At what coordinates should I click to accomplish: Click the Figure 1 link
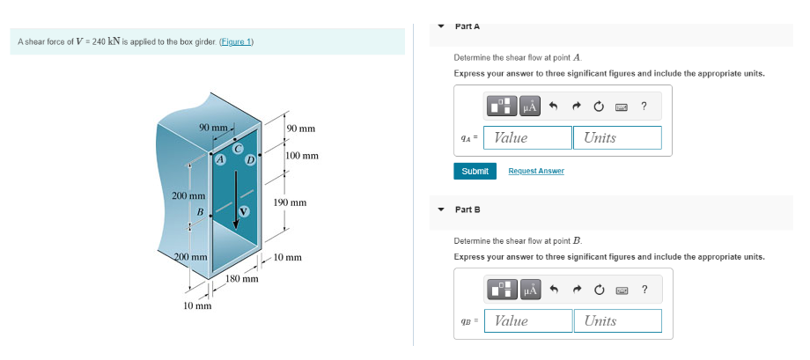[x=234, y=42]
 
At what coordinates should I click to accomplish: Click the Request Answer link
[x=536, y=171]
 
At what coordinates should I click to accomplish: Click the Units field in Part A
[x=618, y=137]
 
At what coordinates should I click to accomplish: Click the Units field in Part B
[x=618, y=320]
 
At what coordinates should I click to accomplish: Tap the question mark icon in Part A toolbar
[x=644, y=107]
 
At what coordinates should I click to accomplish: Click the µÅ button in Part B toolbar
[x=529, y=290]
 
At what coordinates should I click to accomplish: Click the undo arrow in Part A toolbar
[x=553, y=107]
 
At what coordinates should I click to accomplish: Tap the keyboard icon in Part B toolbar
[x=622, y=290]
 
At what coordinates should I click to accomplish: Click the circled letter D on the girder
[x=250, y=160]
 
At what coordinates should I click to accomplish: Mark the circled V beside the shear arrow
[x=246, y=212]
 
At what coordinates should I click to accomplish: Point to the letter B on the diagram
[x=200, y=212]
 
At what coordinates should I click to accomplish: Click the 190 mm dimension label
[x=289, y=202]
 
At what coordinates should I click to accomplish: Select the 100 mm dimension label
[x=302, y=156]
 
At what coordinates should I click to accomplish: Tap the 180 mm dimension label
[x=241, y=279]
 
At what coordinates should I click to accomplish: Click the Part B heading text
[x=468, y=209]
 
